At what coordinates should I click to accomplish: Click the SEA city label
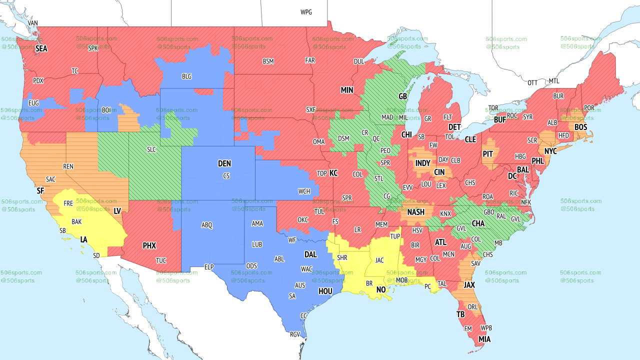click(x=41, y=49)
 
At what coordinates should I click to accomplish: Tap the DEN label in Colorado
click(x=224, y=163)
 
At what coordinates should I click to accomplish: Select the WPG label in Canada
click(x=306, y=12)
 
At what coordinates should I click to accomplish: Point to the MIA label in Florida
click(x=484, y=339)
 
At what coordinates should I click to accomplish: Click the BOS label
click(x=580, y=127)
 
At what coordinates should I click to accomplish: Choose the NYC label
click(x=550, y=151)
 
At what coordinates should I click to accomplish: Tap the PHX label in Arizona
click(x=149, y=246)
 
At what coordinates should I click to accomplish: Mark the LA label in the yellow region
click(x=84, y=240)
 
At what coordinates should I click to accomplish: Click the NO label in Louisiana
click(x=381, y=290)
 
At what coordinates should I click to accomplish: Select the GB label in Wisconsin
click(x=402, y=96)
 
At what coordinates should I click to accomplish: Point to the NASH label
click(x=415, y=212)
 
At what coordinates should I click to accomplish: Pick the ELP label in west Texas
click(x=209, y=267)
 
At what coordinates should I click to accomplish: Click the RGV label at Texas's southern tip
click(x=295, y=335)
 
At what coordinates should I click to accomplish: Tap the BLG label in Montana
click(x=186, y=76)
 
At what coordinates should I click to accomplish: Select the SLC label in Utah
click(x=151, y=149)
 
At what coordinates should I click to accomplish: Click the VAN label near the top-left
click(x=33, y=23)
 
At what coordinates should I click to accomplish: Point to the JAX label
click(x=469, y=285)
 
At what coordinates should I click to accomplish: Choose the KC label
click(x=333, y=173)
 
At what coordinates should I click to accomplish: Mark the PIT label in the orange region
click(x=488, y=154)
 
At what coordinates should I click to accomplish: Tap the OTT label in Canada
click(x=532, y=82)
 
